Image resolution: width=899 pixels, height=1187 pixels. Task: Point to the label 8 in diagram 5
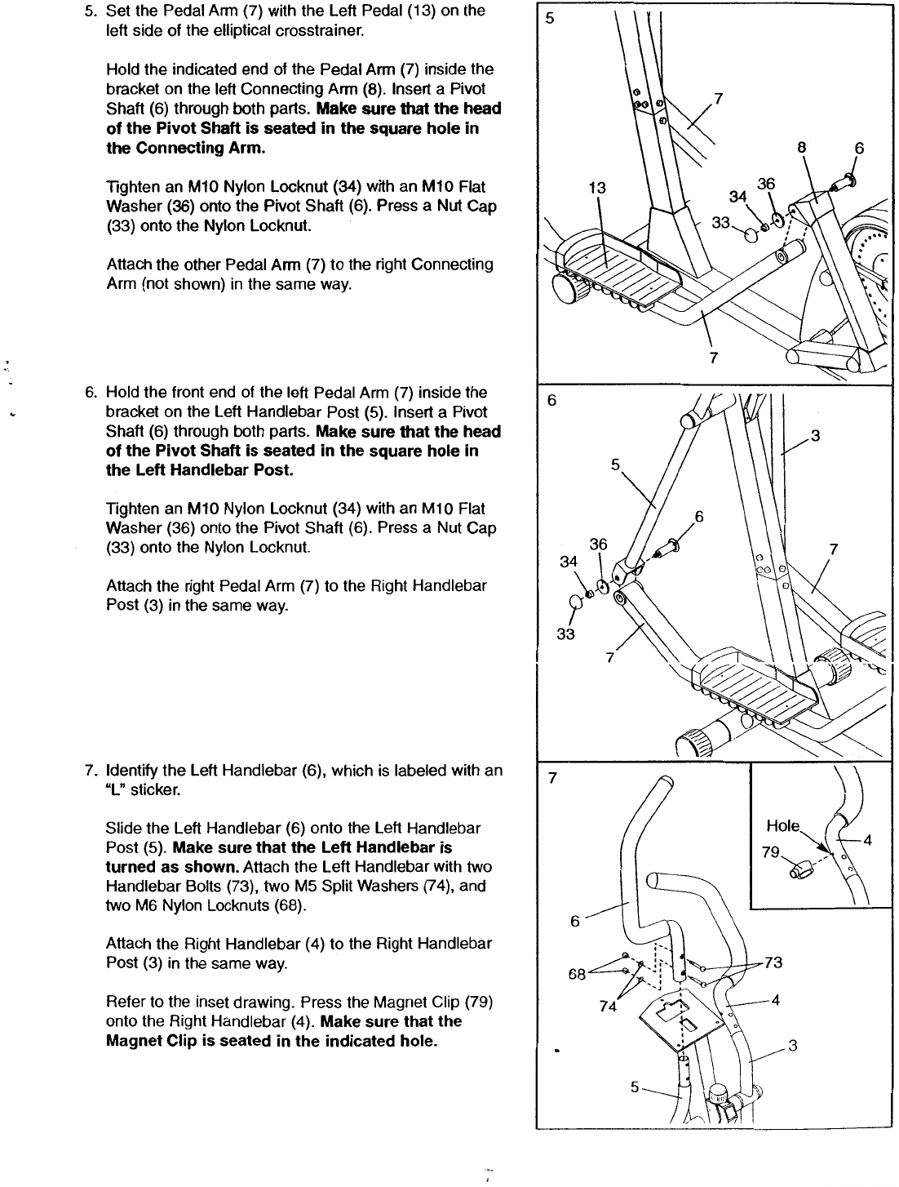click(x=802, y=149)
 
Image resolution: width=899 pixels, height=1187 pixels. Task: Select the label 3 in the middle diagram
click(x=814, y=435)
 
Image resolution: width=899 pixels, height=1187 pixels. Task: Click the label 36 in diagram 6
click(x=599, y=545)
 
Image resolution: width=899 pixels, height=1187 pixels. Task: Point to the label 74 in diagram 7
click(x=608, y=1007)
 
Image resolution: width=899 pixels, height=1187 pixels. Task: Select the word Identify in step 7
click(x=132, y=771)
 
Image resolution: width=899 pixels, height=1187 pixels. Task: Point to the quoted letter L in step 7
click(x=113, y=790)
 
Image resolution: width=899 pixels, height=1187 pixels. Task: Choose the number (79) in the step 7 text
click(x=474, y=1002)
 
